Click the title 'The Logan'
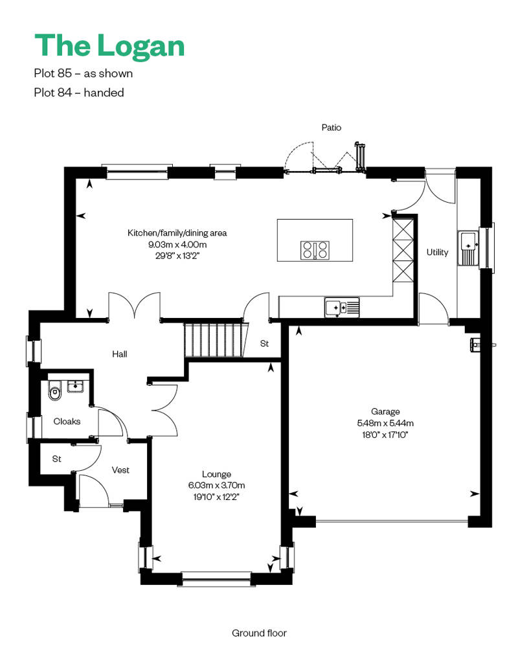(x=109, y=46)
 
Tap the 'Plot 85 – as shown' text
(x=84, y=74)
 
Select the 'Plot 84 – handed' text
(x=79, y=93)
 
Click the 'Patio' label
(x=332, y=128)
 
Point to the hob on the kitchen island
(x=315, y=250)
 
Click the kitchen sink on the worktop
(x=342, y=307)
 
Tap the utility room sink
(x=469, y=248)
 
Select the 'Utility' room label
(x=437, y=252)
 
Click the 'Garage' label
(x=385, y=412)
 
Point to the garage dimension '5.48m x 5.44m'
(x=385, y=423)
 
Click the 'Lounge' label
(x=216, y=474)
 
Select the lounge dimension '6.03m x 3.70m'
(x=216, y=486)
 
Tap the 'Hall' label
(x=120, y=354)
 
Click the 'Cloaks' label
(x=67, y=422)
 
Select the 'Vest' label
(x=120, y=470)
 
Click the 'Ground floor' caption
(x=259, y=633)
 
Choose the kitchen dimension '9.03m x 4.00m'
(x=177, y=245)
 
